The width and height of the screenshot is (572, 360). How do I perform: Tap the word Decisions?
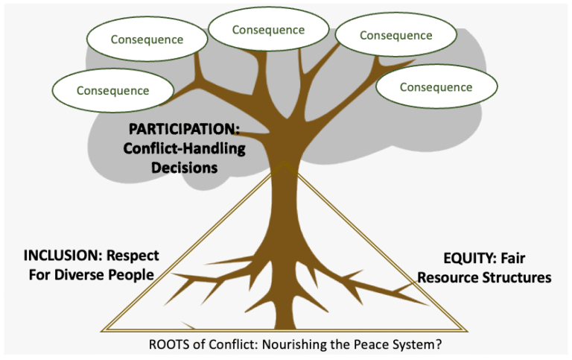184,168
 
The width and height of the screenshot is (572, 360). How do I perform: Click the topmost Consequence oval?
268,30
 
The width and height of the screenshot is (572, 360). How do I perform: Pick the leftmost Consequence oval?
112,91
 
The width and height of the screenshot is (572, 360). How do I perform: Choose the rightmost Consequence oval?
436,87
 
